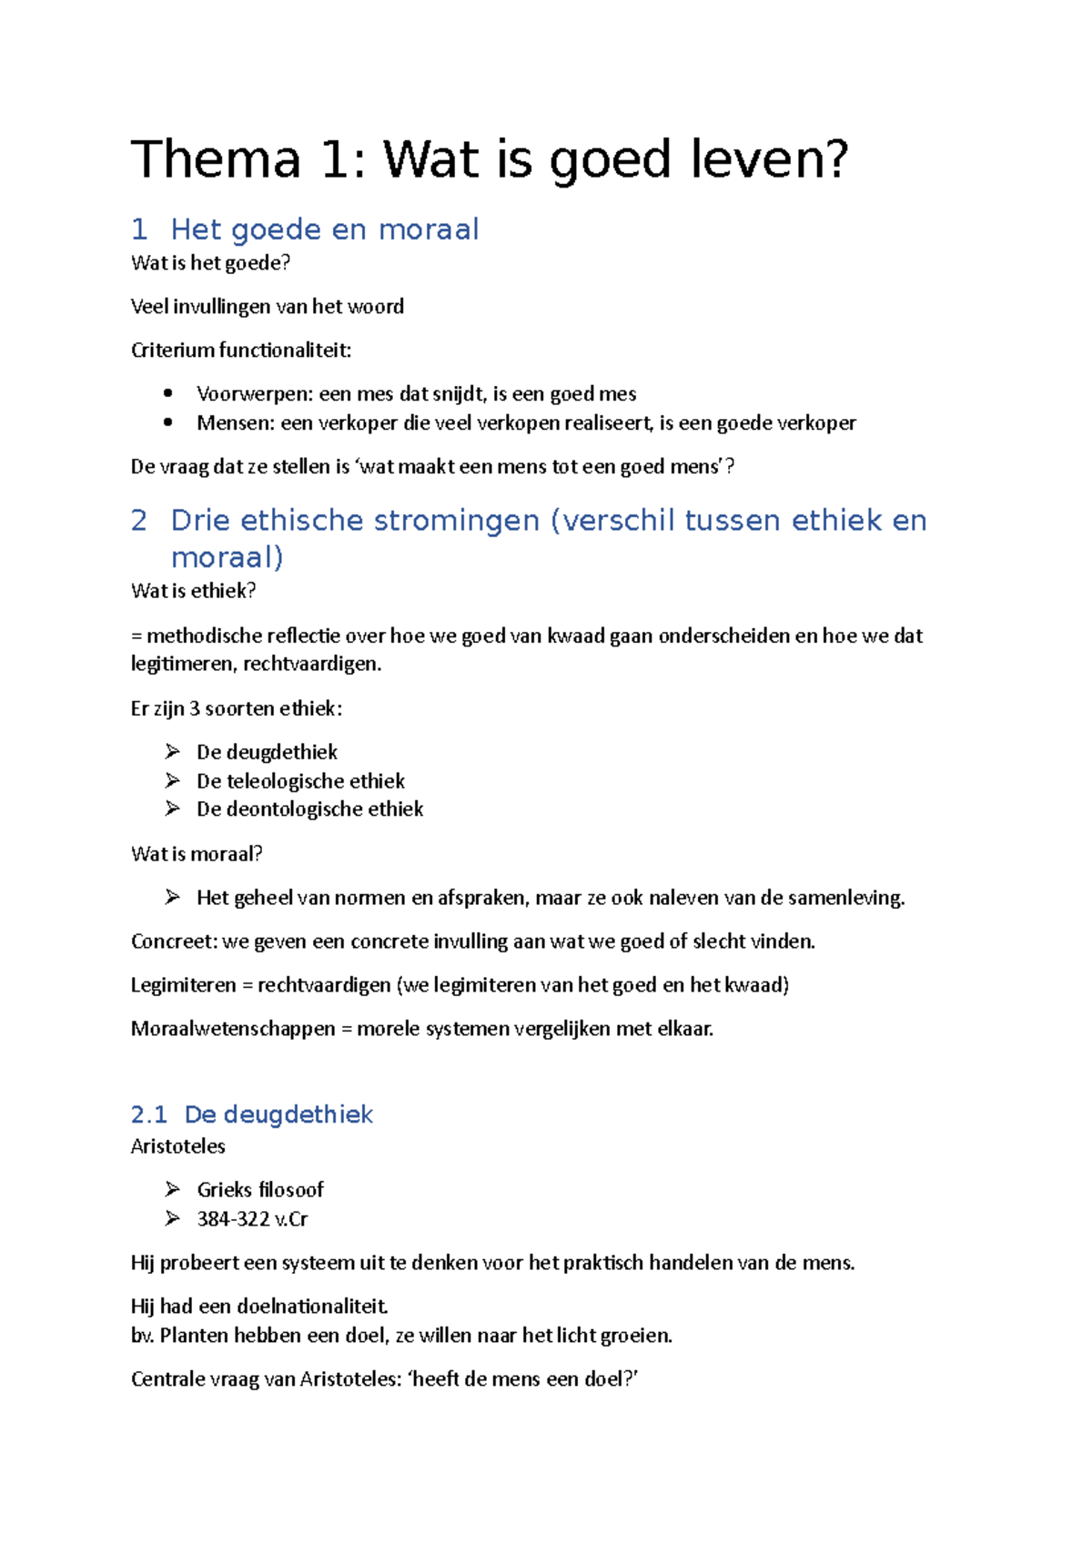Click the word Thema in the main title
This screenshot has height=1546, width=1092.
pos(216,159)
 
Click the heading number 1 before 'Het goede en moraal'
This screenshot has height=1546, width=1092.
pos(139,229)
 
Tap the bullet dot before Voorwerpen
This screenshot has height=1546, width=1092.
pos(168,393)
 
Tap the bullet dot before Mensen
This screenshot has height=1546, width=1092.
pos(168,422)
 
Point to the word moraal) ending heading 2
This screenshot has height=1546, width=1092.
pos(227,557)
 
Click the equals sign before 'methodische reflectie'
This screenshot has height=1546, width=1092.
pos(136,636)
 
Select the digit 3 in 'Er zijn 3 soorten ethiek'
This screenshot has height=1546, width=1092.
pos(194,708)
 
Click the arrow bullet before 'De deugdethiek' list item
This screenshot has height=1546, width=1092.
pos(172,751)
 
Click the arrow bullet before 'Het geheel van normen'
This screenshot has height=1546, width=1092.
pos(172,898)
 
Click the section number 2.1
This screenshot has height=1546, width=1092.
pos(149,1114)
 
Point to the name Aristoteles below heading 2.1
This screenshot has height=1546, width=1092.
pos(177,1146)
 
